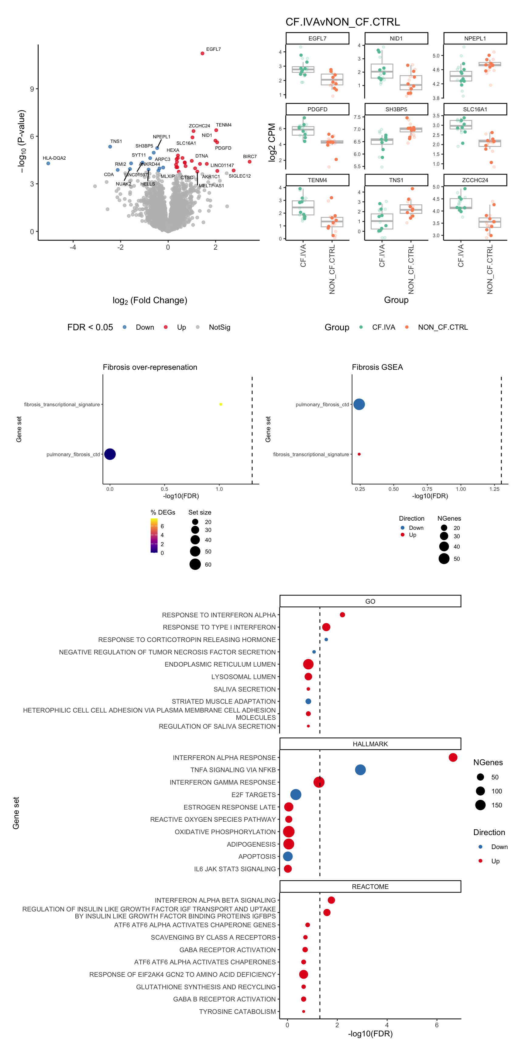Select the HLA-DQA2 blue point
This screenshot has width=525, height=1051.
click(x=48, y=164)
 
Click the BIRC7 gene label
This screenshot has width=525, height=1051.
click(x=249, y=157)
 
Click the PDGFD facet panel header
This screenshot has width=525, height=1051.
click(x=317, y=109)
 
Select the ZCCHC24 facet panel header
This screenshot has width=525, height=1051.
click(x=475, y=180)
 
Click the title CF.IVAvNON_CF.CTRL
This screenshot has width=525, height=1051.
click(x=342, y=22)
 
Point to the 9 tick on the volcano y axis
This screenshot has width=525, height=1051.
click(x=32, y=89)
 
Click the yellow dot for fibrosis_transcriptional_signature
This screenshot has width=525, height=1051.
click(x=221, y=404)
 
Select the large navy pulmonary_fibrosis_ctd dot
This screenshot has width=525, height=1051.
click(x=110, y=454)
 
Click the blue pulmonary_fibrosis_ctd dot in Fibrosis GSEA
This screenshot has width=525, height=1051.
click(x=359, y=404)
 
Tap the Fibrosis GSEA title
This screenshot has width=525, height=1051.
click(x=377, y=367)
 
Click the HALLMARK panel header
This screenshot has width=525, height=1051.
click(x=370, y=744)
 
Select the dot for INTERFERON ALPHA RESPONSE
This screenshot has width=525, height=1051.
click(x=453, y=758)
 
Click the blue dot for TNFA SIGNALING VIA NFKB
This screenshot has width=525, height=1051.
click(x=360, y=770)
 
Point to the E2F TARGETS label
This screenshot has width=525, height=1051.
click(x=253, y=795)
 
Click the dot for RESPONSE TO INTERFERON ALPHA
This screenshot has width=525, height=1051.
click(x=342, y=615)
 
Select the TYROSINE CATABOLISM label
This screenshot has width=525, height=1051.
click(x=237, y=1011)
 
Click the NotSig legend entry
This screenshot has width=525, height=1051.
click(x=219, y=327)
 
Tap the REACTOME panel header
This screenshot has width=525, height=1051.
click(x=370, y=886)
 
